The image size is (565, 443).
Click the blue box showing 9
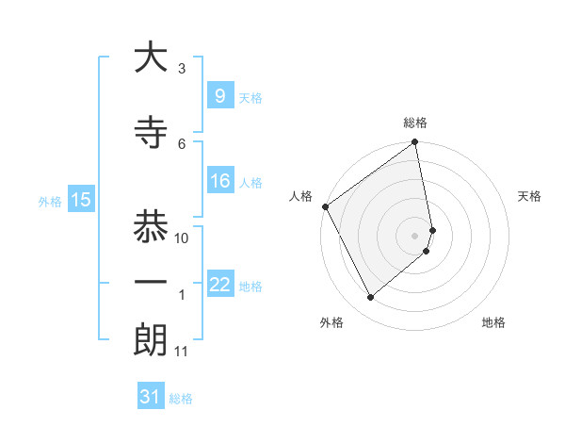(x=219, y=95)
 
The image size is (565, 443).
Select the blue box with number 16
(x=219, y=181)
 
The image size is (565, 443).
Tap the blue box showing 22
(x=219, y=285)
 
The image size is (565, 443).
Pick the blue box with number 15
(x=80, y=199)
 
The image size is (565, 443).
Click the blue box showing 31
(x=151, y=397)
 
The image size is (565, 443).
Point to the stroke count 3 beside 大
(x=182, y=69)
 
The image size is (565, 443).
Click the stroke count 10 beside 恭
(x=182, y=238)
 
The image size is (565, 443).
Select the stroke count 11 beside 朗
(x=181, y=352)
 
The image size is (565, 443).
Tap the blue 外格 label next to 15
(x=50, y=201)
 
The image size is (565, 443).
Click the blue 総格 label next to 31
(x=181, y=399)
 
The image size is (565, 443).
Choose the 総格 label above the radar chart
(x=415, y=123)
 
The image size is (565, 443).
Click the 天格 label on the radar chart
(x=530, y=196)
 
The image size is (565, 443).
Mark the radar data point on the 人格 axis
(x=325, y=206)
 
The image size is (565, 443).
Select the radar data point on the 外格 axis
(x=371, y=297)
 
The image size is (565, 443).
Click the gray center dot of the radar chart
(x=415, y=235)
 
